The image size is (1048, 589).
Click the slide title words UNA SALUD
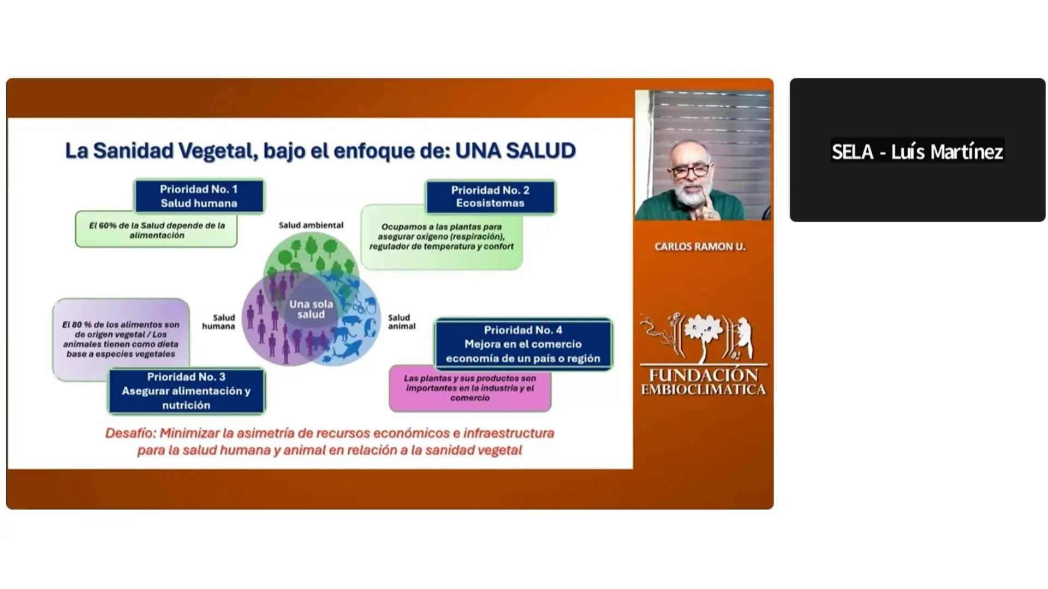click(515, 151)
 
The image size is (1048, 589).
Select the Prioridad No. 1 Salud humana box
click(199, 196)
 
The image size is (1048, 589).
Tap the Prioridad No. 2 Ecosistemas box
click(490, 197)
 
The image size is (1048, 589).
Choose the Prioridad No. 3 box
click(186, 391)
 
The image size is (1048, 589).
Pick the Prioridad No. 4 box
click(523, 344)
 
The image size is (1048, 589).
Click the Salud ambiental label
click(311, 225)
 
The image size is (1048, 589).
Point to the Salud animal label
click(402, 322)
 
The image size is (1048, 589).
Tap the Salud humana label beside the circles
click(219, 322)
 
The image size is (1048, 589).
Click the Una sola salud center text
click(311, 309)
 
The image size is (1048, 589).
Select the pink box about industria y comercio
click(470, 388)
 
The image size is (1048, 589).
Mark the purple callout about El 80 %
click(121, 339)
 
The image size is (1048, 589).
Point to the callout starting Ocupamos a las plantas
click(442, 237)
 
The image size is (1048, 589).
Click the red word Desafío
click(130, 433)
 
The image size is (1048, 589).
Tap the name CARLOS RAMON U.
click(700, 247)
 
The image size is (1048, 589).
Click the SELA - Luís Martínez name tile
click(918, 150)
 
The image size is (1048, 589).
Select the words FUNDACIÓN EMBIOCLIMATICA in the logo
click(704, 382)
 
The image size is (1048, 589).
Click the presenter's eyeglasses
click(691, 171)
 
